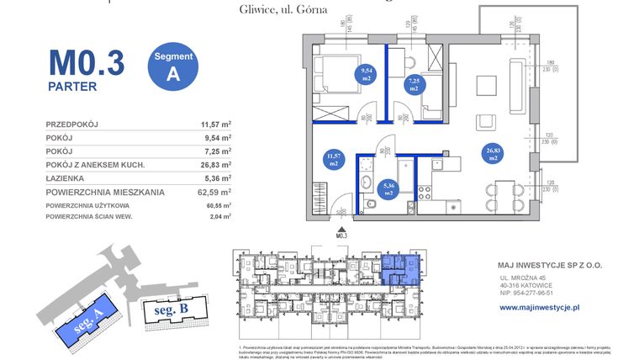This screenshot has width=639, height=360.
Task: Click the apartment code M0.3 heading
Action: click(86, 63)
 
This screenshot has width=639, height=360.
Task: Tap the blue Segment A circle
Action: click(173, 65)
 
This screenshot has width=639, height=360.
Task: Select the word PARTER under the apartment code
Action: click(72, 86)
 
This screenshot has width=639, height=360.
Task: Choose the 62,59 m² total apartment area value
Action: click(216, 192)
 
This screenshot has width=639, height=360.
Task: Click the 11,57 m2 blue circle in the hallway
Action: click(334, 160)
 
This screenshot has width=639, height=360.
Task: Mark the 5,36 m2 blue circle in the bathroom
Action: click(388, 189)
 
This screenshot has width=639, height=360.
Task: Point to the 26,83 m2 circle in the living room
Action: click(493, 153)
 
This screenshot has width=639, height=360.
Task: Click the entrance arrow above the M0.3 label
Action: click(341, 227)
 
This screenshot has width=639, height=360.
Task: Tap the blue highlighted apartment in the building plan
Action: click(399, 268)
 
